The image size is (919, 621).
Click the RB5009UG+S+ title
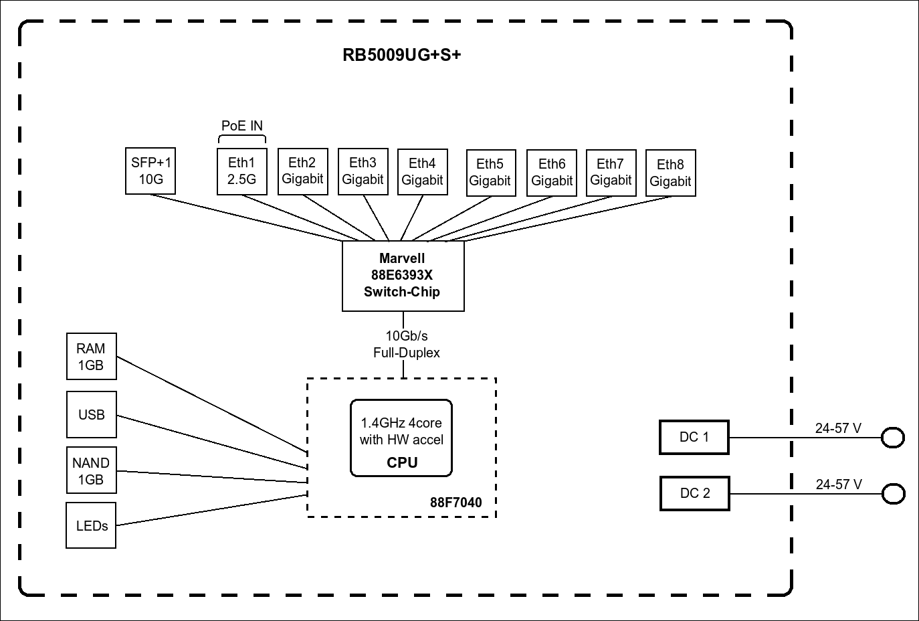[401, 55]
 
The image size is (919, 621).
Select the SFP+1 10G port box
[150, 171]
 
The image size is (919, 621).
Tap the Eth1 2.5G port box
[242, 171]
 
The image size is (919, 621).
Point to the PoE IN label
[242, 126]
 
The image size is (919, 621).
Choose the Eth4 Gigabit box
[422, 172]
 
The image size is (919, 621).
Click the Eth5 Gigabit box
[490, 173]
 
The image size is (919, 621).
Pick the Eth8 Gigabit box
[670, 173]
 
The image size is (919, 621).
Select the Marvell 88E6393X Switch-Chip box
[403, 276]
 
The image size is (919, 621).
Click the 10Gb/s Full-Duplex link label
[406, 345]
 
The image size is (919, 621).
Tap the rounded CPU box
[401, 438]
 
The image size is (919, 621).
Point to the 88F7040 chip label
[455, 503]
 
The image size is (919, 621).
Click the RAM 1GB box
[91, 357]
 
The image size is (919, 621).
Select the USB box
[91, 415]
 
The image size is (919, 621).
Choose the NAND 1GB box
[91, 471]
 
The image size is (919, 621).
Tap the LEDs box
[91, 526]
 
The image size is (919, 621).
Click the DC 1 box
[694, 438]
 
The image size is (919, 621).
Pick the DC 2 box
[694, 494]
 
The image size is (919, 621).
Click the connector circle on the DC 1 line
[892, 438]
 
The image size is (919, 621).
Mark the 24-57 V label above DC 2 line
[839, 484]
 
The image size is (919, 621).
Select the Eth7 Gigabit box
[611, 173]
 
